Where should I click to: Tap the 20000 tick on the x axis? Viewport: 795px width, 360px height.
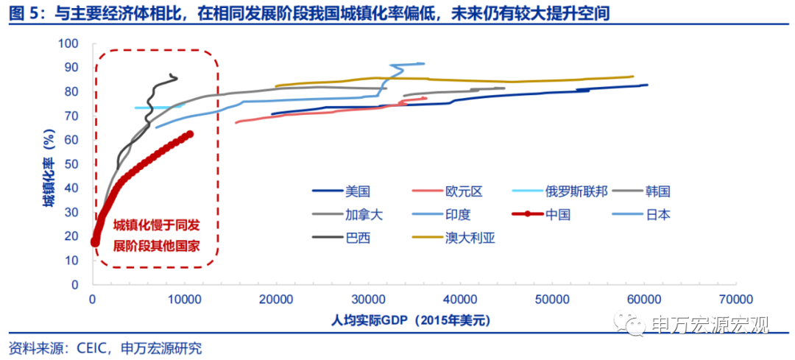point(277,299)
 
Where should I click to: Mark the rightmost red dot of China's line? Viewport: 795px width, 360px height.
point(189,134)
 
